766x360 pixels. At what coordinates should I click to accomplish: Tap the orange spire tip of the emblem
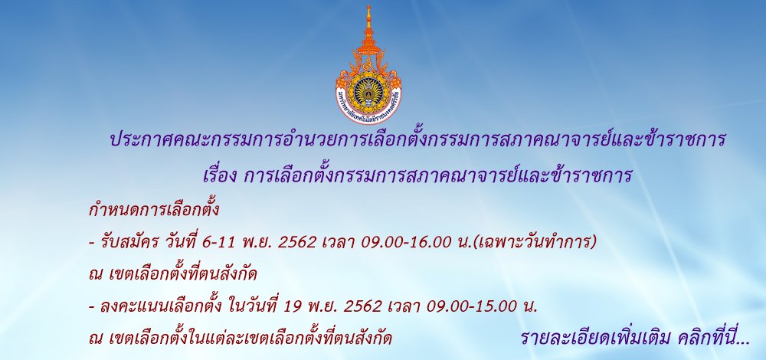(368, 7)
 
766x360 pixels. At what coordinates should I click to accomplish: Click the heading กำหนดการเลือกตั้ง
(154, 210)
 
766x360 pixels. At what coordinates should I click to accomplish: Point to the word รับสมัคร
(122, 242)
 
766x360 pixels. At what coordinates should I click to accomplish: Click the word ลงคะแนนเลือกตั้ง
(161, 306)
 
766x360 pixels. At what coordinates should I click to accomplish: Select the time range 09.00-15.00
(471, 306)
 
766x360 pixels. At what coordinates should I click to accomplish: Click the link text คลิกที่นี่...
(713, 339)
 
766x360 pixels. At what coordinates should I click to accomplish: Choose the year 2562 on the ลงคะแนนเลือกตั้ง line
(362, 306)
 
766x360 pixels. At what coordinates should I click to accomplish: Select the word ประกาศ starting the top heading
(137, 140)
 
